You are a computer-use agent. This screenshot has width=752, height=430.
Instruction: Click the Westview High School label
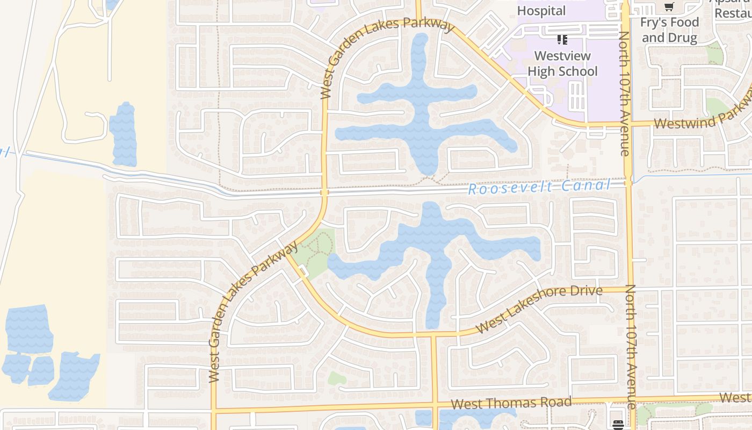562,63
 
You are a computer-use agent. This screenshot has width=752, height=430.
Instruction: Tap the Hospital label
541,11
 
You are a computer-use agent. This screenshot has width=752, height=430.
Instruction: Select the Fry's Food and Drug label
669,30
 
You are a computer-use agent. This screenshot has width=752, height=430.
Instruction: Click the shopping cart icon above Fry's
669,7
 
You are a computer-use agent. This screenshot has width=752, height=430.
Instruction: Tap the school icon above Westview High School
562,39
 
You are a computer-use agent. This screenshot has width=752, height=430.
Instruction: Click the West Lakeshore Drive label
539,309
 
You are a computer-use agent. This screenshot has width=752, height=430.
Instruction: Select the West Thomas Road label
511,403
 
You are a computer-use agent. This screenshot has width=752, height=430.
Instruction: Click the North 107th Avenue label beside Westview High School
624,94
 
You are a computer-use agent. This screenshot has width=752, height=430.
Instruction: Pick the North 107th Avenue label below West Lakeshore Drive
631,346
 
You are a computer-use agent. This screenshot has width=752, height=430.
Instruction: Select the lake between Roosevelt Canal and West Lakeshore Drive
435,247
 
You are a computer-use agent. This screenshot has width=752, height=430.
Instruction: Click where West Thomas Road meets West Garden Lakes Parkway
214,411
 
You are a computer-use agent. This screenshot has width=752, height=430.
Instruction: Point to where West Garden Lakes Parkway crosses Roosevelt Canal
324,192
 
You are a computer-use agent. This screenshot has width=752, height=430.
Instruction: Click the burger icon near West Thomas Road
618,425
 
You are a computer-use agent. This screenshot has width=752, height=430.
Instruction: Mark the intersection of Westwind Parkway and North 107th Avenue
626,124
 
